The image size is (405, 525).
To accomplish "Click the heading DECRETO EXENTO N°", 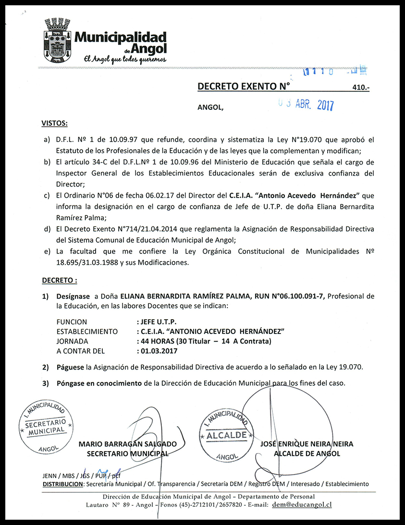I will tap(244, 86).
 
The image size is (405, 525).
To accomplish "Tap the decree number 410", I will tap(360, 88).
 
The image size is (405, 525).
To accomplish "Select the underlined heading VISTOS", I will tap(55, 124).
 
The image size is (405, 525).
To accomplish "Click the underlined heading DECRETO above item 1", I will tap(59, 279).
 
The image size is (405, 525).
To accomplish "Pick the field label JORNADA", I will tap(72, 341).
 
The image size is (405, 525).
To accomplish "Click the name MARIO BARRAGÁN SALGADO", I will tap(127, 444).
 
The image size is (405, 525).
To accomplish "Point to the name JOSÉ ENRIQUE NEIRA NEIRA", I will tap(307, 444).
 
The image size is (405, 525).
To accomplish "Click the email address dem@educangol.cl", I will tap(302, 504).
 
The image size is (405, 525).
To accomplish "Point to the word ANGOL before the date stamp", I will tap(210, 107).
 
